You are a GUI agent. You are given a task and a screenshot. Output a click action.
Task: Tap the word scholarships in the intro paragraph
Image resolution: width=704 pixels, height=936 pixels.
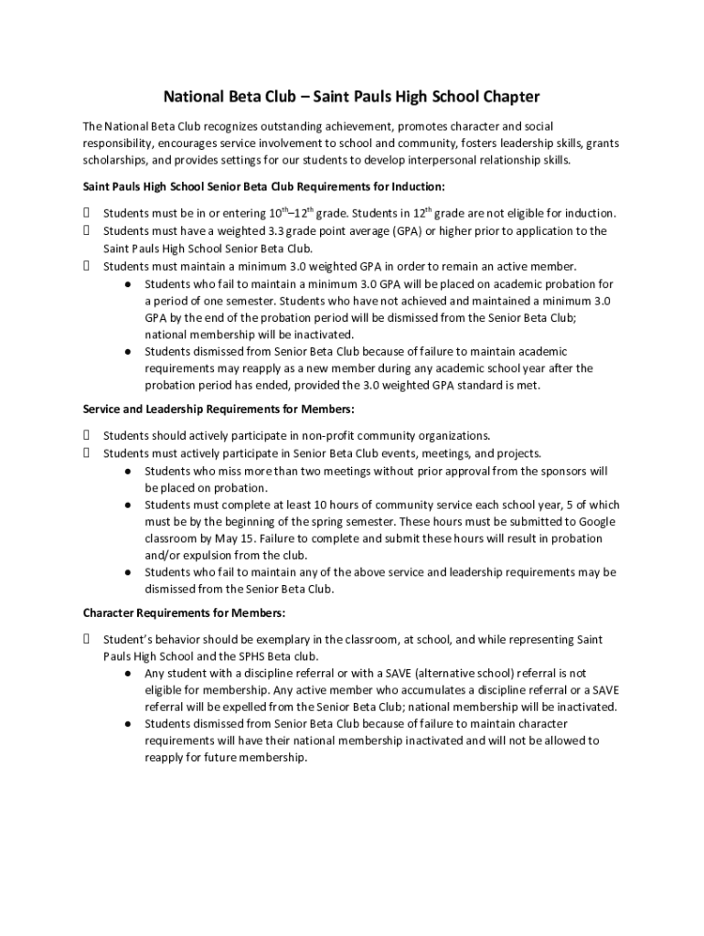pos(113,159)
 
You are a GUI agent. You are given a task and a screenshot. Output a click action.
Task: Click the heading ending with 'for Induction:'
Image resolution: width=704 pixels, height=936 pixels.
pos(264,186)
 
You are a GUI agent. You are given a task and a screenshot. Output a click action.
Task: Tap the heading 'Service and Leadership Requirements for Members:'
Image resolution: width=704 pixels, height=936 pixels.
pos(219,408)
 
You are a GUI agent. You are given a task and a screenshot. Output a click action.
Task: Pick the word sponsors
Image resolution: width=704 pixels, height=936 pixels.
pos(567,471)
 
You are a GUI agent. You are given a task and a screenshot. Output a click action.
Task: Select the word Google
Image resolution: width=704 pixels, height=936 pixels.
pos(595,521)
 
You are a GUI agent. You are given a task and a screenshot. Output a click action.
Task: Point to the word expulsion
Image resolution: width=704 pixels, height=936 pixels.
pos(198,555)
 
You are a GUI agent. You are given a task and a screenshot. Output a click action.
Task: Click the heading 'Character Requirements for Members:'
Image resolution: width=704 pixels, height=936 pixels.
pos(184,612)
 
